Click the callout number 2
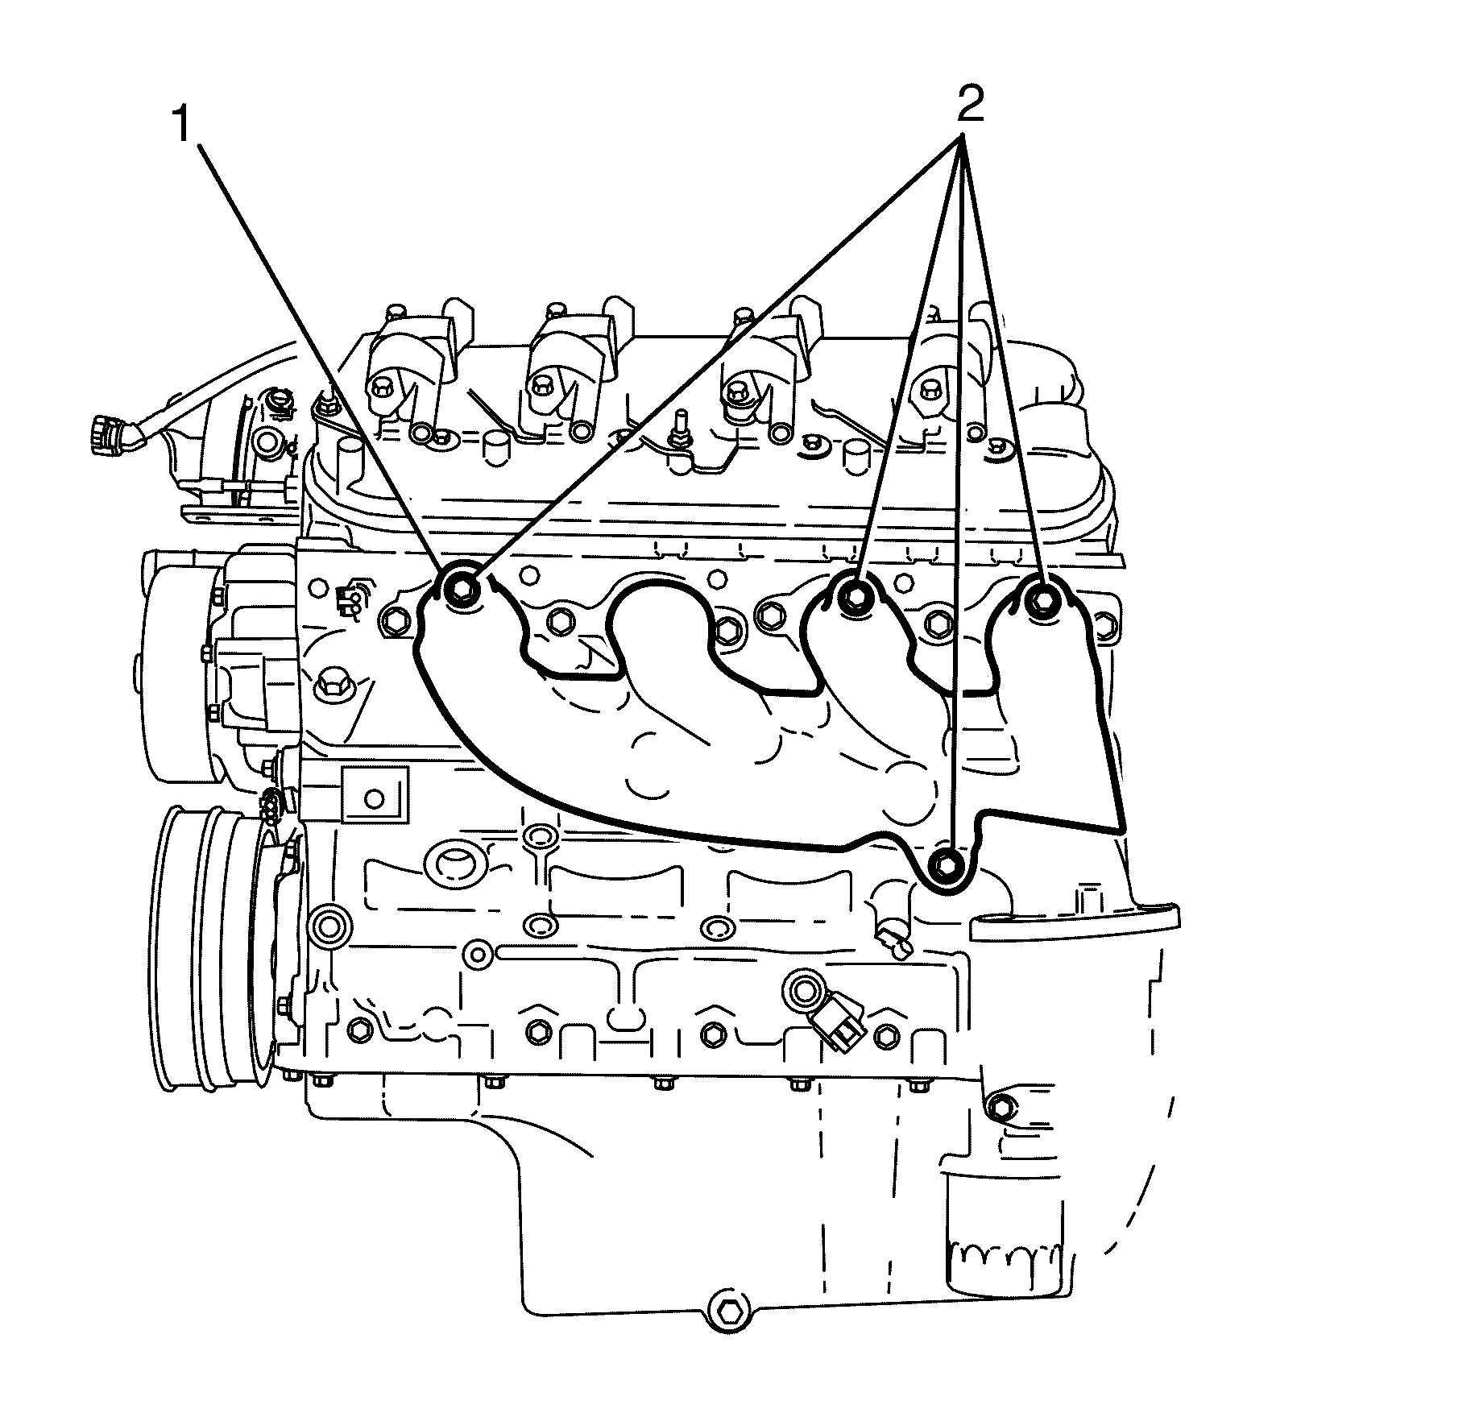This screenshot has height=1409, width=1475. (x=969, y=105)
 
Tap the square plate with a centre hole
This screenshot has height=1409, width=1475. (x=374, y=795)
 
